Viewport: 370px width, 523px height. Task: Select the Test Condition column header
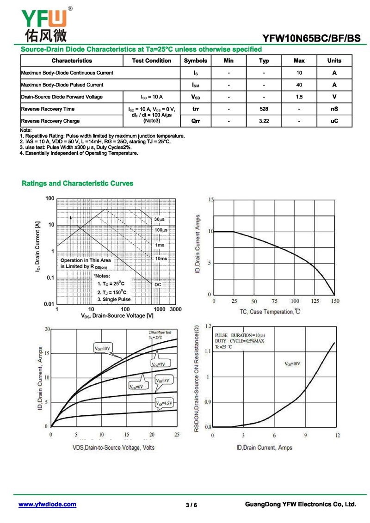(151, 61)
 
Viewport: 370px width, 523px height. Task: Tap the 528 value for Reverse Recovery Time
(264, 109)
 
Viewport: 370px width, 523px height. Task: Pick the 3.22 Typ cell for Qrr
(264, 121)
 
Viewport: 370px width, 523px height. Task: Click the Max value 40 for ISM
(299, 85)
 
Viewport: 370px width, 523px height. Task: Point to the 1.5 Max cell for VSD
(299, 97)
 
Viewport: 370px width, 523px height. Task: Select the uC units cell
(334, 121)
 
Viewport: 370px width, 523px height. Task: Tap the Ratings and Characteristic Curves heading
(78, 184)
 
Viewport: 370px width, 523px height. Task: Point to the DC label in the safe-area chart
(158, 284)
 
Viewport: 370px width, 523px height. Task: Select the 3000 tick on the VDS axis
(176, 309)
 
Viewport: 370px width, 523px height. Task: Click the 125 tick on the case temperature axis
(315, 301)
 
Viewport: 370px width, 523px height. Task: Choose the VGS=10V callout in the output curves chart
(103, 348)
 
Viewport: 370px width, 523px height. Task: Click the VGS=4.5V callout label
(164, 404)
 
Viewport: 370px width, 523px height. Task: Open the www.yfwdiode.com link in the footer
(47, 505)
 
